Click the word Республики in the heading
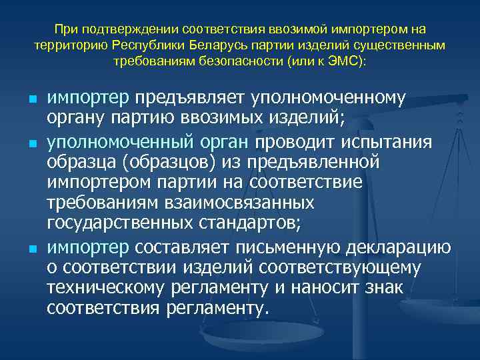click(x=149, y=45)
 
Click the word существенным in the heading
click(x=398, y=45)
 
